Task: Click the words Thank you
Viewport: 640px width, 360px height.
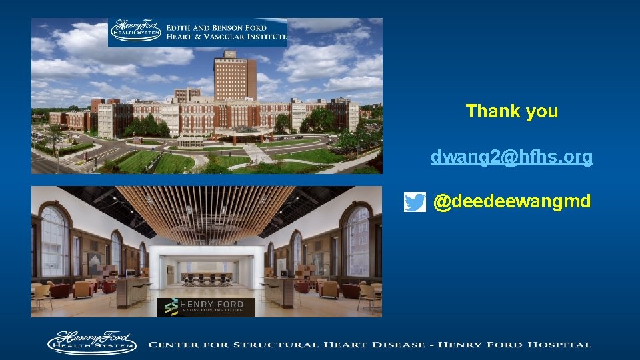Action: coord(511,111)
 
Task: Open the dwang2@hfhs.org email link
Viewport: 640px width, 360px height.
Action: coord(511,157)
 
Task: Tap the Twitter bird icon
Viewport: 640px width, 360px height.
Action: coord(415,202)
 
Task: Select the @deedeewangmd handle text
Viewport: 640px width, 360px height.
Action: coord(511,201)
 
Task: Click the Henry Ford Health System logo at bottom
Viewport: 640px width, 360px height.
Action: coord(91,343)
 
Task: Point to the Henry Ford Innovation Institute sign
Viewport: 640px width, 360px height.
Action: coord(206,307)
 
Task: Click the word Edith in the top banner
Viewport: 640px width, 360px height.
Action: coord(180,28)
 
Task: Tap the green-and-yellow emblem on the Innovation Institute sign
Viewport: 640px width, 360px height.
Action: coord(171,307)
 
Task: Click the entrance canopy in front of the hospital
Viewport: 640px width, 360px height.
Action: coord(233,133)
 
